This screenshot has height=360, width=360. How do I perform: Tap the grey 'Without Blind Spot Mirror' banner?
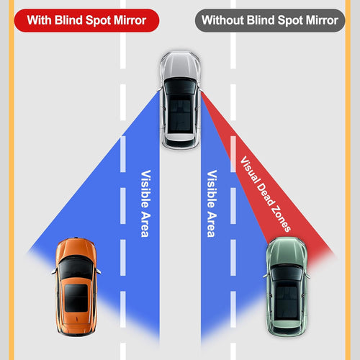coord(269,20)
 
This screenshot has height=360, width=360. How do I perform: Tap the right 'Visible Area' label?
coord(212,204)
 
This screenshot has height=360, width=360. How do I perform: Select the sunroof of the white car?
coord(180,109)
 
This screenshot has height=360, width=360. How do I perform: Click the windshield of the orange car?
coord(75,268)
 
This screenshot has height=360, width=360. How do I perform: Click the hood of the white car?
coord(180,68)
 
